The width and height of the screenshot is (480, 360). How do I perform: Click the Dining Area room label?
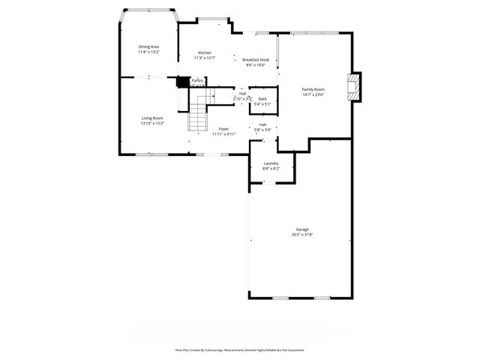[x=148, y=46]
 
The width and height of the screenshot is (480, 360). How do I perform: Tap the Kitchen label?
[x=205, y=52]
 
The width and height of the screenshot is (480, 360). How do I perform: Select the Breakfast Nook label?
[x=256, y=60]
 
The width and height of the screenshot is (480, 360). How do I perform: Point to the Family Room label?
[x=313, y=89]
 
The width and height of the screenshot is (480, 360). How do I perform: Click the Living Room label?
[x=152, y=118]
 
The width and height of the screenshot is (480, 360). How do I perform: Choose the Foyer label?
[x=223, y=129]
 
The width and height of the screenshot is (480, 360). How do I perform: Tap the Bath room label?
[x=262, y=99]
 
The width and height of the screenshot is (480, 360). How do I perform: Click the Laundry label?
[x=271, y=163]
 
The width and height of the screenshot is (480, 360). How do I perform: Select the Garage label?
[x=302, y=229]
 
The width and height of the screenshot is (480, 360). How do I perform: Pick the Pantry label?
[x=197, y=80]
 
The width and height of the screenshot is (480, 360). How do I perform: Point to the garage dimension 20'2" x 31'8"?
[x=302, y=235]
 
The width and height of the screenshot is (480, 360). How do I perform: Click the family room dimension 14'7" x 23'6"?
[x=313, y=94]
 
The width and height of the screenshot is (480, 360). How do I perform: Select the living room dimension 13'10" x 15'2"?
[x=152, y=123]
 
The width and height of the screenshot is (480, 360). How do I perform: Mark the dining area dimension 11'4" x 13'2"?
[x=148, y=52]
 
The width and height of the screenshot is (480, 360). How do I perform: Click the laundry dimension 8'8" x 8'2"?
[x=271, y=169]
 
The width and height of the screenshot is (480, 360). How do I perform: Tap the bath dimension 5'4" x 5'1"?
[x=262, y=104]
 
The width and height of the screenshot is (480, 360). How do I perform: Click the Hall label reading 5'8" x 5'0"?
[x=263, y=130]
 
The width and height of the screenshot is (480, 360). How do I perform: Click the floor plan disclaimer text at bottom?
[x=240, y=349]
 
